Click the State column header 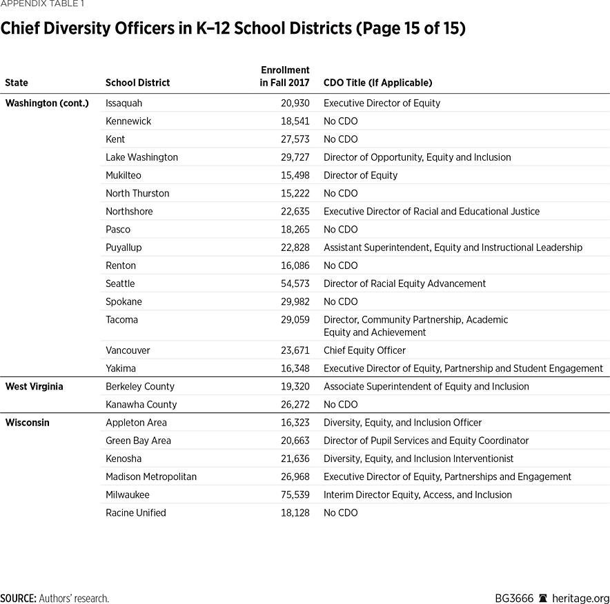(17, 83)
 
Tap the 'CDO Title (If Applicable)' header (377, 83)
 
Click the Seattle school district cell (120, 283)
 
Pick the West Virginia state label (34, 386)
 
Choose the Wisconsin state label (27, 423)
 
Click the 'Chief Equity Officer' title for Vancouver (364, 350)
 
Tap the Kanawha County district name (141, 404)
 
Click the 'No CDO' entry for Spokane (340, 301)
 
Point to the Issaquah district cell (124, 103)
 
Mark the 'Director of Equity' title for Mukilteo (360, 175)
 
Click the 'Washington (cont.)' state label (47, 103)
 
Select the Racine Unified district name (136, 512)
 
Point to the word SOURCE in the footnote (19, 598)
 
